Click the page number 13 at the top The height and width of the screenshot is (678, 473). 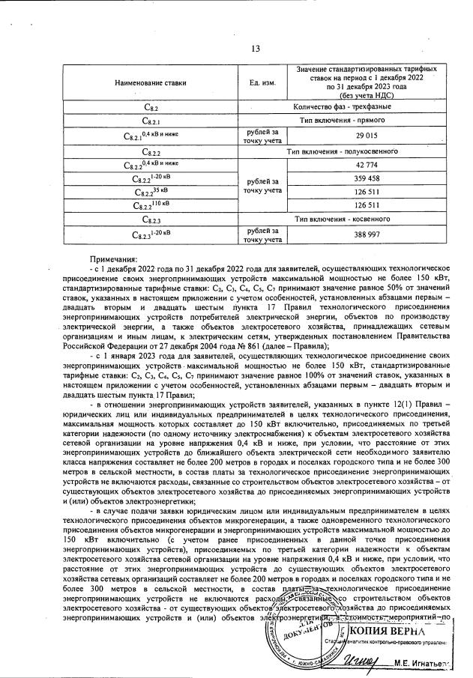pyautogui.click(x=255, y=49)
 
